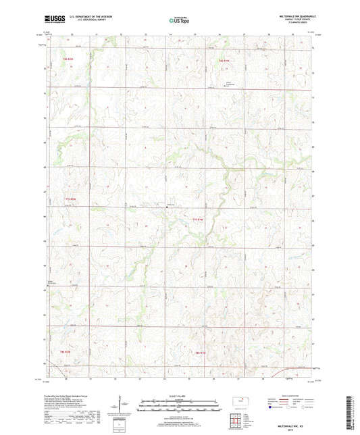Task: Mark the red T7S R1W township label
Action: coord(197,219)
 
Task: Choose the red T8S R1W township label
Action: coord(200,352)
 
